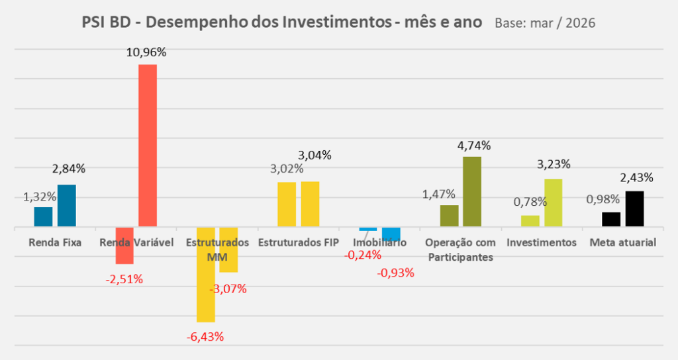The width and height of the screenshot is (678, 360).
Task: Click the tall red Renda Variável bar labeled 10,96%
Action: click(x=147, y=146)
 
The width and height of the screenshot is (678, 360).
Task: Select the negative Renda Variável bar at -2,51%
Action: click(x=124, y=246)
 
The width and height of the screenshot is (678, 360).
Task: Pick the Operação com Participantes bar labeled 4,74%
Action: click(x=472, y=192)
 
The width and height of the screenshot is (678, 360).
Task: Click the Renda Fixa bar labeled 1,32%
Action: click(x=43, y=217)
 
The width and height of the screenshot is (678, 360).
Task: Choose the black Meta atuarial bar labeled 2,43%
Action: click(x=634, y=209)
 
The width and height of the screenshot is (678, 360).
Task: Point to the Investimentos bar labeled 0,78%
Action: click(x=530, y=221)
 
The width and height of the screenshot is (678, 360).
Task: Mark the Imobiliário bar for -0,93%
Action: click(x=391, y=234)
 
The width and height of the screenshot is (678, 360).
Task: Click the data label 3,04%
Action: click(x=315, y=155)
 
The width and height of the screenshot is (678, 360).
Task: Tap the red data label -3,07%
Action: click(x=228, y=289)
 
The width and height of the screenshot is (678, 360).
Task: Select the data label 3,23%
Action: click(x=553, y=164)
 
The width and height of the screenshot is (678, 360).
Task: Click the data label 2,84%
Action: click(x=68, y=169)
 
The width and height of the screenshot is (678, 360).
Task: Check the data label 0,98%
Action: click(x=603, y=199)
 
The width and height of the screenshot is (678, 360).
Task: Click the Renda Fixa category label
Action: click(x=55, y=243)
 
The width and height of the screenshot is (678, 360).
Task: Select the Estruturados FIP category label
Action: click(x=298, y=243)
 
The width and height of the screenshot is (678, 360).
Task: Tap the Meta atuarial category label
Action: click(x=623, y=243)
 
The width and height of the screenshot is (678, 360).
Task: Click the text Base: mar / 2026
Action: click(x=545, y=23)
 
